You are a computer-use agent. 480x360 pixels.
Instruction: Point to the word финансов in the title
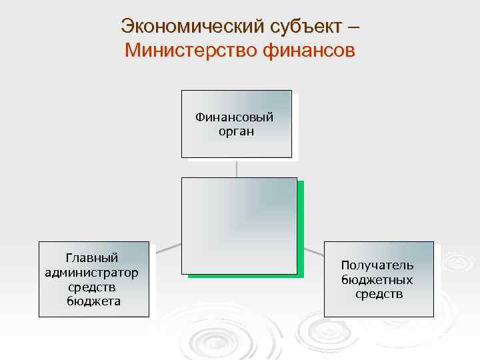pos(311,50)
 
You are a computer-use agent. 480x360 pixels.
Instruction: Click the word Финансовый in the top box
pos(235,117)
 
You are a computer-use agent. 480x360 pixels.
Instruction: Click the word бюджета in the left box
pos(93,301)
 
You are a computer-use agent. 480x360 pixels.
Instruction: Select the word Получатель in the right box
pos(377,265)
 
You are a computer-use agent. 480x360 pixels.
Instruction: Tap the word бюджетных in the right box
pos(377,280)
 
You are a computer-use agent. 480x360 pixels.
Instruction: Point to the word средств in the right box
pos(379,294)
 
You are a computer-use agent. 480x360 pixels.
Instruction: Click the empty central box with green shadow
pos(239,225)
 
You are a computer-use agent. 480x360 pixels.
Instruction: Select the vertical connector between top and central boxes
pos(237,167)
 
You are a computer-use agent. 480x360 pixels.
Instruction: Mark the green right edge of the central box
pos(301,230)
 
